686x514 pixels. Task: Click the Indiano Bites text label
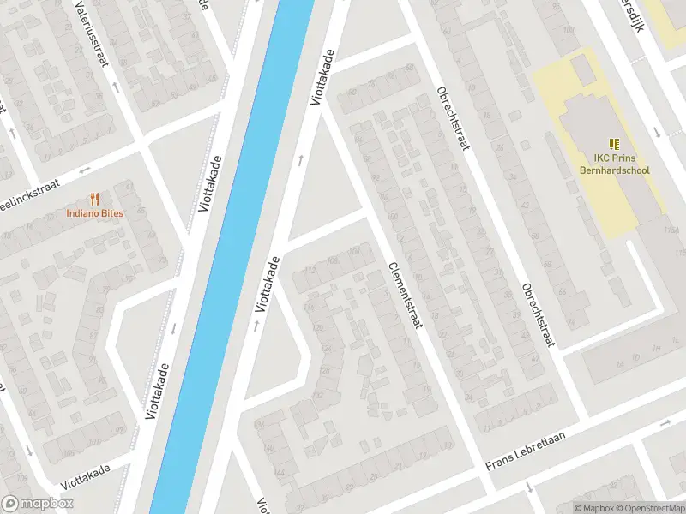tap(95, 213)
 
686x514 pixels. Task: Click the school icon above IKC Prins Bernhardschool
tap(614, 144)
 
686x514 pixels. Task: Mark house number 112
tap(311, 270)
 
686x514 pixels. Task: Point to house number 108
tap(355, 250)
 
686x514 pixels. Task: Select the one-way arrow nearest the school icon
tap(657, 132)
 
